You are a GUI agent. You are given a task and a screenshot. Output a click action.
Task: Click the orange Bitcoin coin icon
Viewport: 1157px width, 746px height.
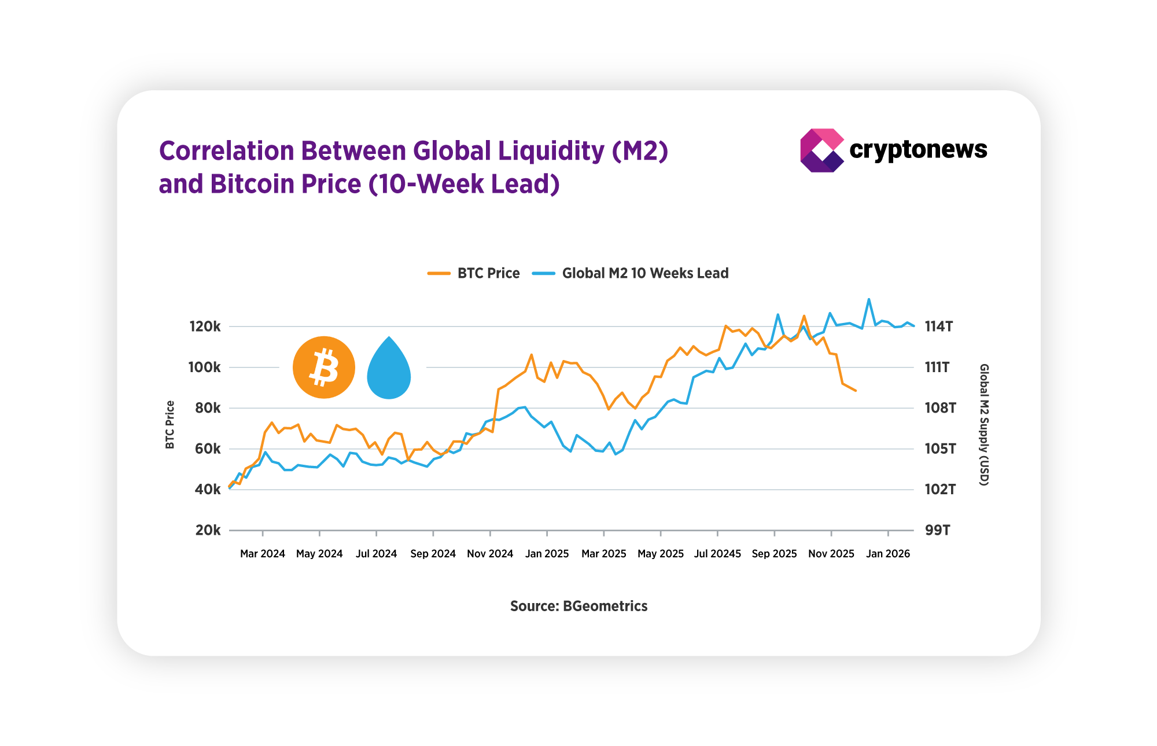[323, 368]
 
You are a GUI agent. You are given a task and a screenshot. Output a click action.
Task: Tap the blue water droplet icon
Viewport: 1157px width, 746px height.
[389, 370]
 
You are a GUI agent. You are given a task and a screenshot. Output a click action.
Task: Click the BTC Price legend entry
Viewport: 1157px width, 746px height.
[474, 273]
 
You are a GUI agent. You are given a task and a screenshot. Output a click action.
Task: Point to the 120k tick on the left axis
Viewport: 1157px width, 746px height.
[205, 327]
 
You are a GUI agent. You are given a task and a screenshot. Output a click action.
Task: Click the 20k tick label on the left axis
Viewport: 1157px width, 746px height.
[208, 530]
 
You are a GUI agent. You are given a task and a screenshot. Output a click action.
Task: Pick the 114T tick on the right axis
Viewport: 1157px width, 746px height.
[938, 327]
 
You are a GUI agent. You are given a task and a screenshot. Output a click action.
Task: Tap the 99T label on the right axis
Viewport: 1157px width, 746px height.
[937, 530]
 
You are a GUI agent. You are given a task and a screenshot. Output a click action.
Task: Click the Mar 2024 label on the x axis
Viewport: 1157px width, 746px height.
[263, 554]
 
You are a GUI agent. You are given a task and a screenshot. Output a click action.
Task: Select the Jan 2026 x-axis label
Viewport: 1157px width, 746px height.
[888, 554]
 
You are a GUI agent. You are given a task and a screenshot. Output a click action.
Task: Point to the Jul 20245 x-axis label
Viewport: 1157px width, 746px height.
[717, 554]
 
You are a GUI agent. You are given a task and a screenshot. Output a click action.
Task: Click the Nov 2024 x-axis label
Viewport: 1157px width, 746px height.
[490, 554]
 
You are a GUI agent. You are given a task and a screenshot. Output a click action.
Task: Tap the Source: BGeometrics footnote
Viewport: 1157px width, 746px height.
[578, 606]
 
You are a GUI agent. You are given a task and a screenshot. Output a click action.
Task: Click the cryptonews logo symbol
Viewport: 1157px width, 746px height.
[821, 150]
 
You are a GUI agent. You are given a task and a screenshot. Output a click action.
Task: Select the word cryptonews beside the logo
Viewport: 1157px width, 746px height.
[918, 150]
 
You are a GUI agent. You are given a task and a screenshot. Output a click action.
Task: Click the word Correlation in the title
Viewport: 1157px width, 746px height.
[225, 151]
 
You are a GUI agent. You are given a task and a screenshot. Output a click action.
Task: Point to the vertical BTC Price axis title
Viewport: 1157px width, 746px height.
[170, 424]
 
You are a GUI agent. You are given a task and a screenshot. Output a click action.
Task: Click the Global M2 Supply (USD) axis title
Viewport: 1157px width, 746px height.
[983, 424]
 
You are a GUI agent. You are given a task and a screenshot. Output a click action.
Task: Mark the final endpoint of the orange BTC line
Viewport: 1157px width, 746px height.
[856, 391]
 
